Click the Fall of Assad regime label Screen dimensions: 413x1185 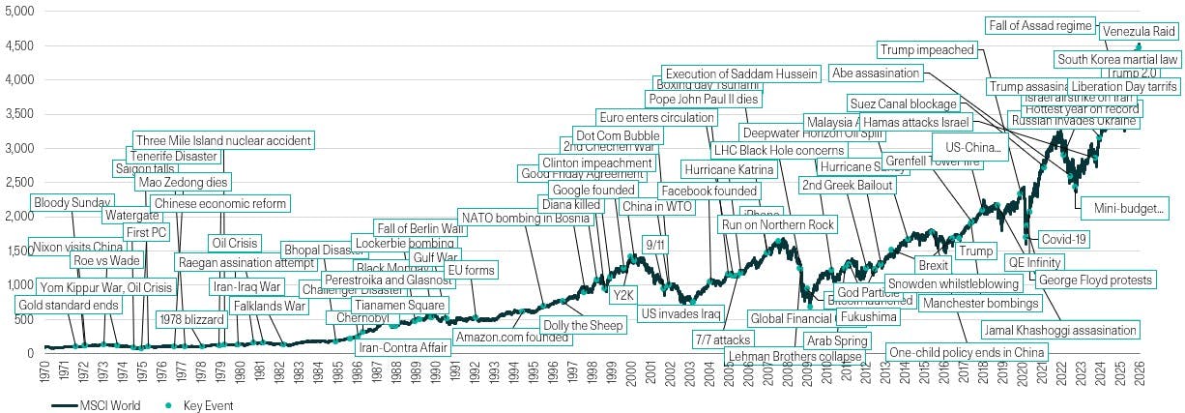click(1040, 25)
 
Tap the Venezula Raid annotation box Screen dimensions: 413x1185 click(1139, 32)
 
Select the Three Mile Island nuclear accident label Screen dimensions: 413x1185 click(222, 141)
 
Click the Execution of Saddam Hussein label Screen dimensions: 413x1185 click(742, 74)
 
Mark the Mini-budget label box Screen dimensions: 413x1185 click(1129, 208)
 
